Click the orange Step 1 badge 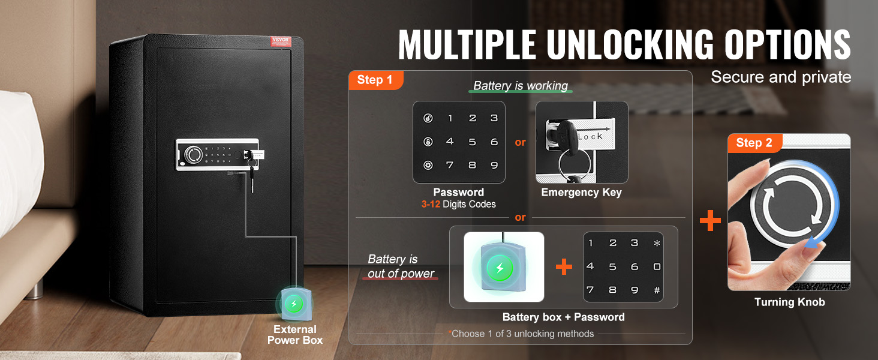click(375, 80)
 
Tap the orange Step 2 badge click(754, 143)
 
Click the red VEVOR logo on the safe click(281, 41)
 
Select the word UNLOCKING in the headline click(630, 44)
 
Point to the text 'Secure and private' click(781, 77)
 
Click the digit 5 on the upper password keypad click(473, 142)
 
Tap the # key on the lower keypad click(657, 290)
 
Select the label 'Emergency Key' click(581, 192)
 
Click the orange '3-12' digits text click(431, 204)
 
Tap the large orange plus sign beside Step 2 click(710, 220)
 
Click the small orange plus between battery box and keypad click(564, 266)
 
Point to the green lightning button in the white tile click(500, 268)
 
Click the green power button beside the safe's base click(294, 304)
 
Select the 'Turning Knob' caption click(789, 302)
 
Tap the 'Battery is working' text click(521, 85)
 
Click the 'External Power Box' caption click(294, 335)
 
